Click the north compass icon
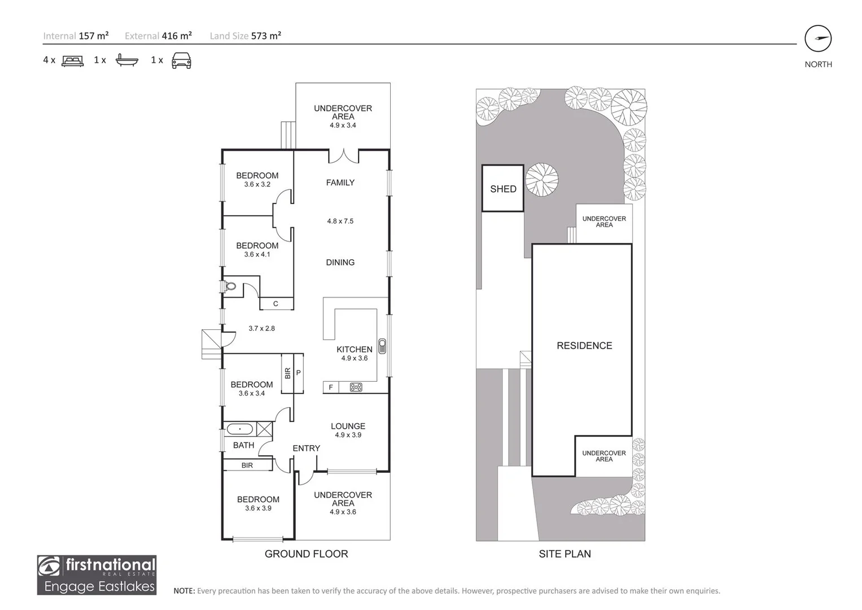(818, 39)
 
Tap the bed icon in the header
(72, 60)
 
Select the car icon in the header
(181, 60)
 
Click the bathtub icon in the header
(126, 60)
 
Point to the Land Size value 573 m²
(266, 36)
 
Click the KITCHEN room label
(354, 350)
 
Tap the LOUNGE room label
(348, 426)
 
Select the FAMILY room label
(340, 182)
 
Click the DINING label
(340, 263)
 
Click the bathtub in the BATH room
(240, 429)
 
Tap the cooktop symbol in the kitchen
(356, 387)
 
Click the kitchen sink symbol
(382, 346)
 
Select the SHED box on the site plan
(502, 189)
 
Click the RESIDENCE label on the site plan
(584, 346)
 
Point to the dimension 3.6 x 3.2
(257, 185)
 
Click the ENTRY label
(306, 448)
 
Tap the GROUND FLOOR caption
(306, 554)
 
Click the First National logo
(97, 575)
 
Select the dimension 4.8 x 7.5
(340, 221)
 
